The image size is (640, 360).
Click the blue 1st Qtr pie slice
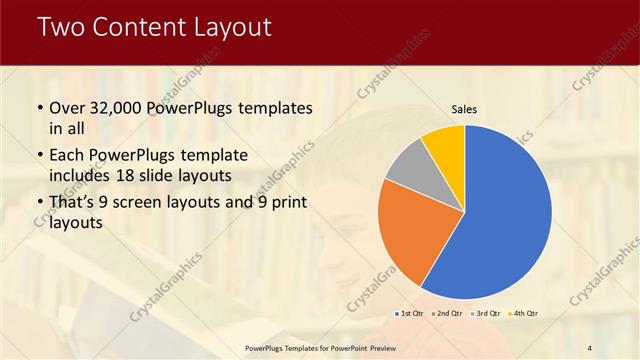pos(505,215)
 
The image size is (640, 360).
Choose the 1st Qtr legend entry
pos(409,314)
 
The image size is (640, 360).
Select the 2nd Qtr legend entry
pos(447,314)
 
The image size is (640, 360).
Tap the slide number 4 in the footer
pos(589,347)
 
